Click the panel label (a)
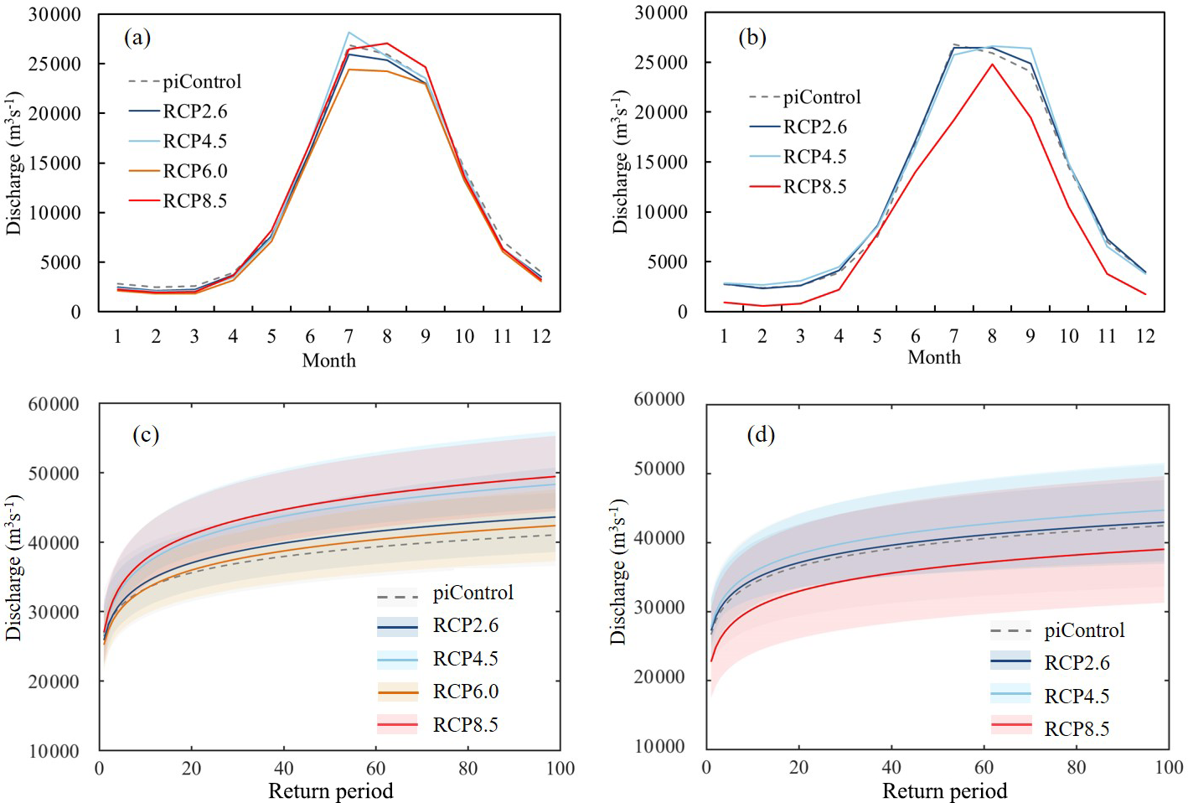click(137, 37)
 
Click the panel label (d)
click(761, 434)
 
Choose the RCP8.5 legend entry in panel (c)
click(465, 725)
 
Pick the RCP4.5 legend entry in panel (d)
click(1077, 697)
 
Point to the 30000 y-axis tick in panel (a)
click(55, 14)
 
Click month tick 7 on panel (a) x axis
click(349, 337)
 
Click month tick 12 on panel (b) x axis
click(1145, 336)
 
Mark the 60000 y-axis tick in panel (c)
click(54, 404)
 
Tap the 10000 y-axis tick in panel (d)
click(659, 746)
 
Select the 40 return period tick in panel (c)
click(284, 769)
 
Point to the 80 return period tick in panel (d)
click(1076, 767)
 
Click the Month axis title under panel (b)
click(934, 358)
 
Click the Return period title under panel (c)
click(330, 791)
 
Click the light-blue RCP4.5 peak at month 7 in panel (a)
click(349, 33)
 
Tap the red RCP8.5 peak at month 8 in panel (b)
click(992, 64)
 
